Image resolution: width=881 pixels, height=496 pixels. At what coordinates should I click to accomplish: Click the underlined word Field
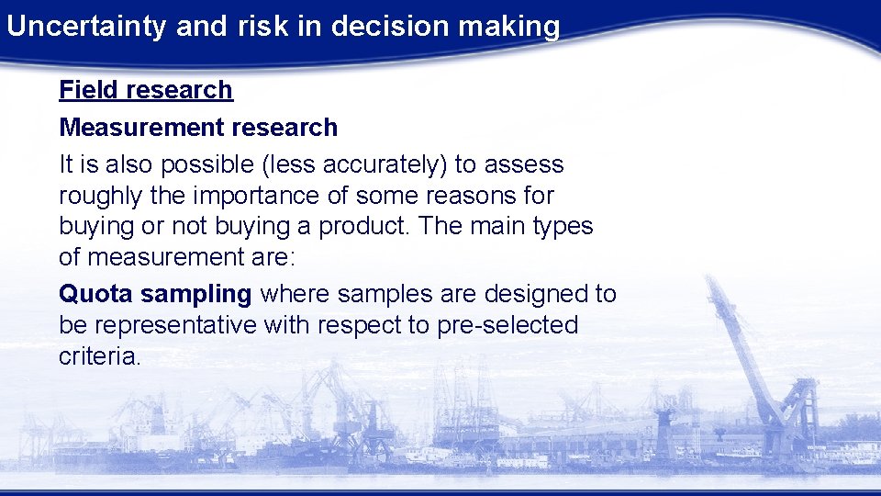[89, 90]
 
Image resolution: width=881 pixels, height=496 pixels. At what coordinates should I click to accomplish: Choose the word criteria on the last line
[99, 356]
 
